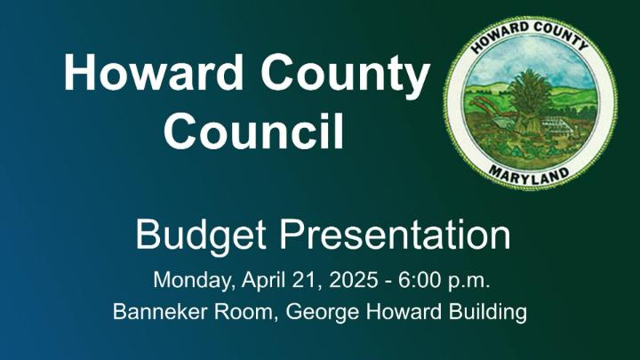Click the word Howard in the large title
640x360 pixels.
[x=154, y=72]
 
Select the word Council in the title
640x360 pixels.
[x=254, y=130]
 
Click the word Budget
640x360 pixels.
[x=201, y=236]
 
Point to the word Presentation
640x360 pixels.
[x=395, y=235]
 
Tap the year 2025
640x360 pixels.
[x=353, y=280]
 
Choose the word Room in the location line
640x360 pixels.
[x=245, y=313]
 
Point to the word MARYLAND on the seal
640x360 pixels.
[x=529, y=174]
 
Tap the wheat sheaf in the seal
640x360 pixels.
[x=530, y=102]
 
